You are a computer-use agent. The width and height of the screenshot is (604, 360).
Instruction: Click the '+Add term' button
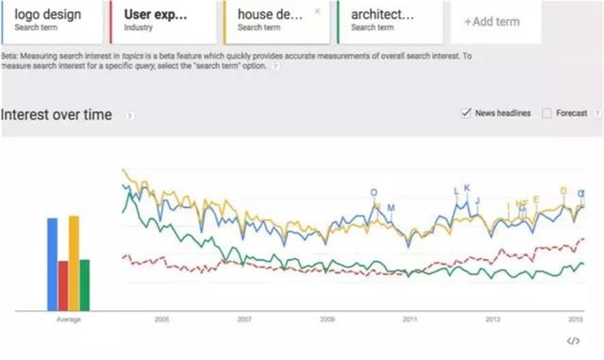(492, 21)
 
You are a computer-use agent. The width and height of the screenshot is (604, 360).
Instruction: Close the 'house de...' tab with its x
(316, 12)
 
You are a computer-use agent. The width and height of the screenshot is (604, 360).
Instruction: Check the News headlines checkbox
(466, 113)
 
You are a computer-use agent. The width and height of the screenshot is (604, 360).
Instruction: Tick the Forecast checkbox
(546, 114)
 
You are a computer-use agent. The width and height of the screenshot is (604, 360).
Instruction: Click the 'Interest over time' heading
(56, 115)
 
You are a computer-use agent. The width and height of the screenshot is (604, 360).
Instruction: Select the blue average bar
(52, 264)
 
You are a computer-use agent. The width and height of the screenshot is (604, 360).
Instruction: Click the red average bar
(63, 285)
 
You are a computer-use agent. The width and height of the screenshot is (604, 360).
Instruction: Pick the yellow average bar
(74, 263)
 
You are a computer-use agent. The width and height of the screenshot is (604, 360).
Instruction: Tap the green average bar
(85, 285)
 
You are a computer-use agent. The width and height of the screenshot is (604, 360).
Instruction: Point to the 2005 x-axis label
(162, 320)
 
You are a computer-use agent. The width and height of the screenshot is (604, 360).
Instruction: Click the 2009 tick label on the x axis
(327, 320)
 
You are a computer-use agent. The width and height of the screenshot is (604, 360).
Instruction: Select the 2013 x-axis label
(492, 320)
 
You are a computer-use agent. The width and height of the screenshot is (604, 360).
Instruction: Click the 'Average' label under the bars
(68, 320)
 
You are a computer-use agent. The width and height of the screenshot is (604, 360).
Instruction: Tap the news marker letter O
(374, 193)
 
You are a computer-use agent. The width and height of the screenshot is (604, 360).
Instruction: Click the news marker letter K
(467, 188)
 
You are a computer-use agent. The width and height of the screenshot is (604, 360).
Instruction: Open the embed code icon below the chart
(574, 341)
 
